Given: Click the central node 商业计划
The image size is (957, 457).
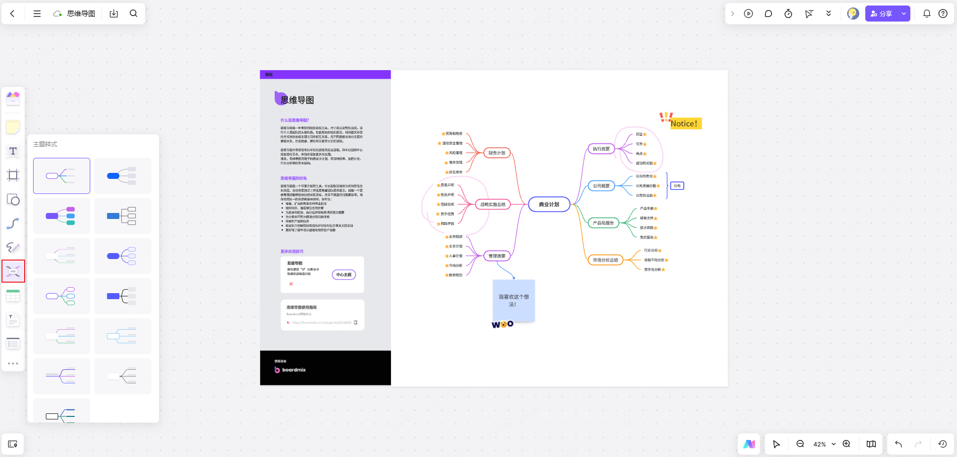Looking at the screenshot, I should (549, 204).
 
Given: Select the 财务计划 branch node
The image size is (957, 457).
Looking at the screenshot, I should (497, 153).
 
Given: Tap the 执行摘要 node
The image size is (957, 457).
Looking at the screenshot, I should (601, 149).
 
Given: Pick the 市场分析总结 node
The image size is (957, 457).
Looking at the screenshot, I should (605, 260).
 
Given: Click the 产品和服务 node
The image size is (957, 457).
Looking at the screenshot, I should (603, 223).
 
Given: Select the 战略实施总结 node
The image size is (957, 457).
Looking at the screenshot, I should (493, 204).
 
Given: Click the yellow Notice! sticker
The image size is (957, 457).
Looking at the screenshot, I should (684, 123).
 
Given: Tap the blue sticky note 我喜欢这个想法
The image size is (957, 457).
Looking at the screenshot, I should (513, 300).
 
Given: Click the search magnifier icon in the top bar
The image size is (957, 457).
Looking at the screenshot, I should (133, 14).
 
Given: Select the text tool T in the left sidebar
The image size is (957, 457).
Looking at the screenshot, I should (13, 151).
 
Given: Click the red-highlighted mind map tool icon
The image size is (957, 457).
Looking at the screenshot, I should (13, 272).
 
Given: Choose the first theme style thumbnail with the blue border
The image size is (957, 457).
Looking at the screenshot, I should (62, 176).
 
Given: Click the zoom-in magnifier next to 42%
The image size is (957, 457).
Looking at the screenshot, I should (846, 444).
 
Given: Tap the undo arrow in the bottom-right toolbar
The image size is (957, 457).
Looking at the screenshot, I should (898, 444).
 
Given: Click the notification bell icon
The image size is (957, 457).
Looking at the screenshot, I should (926, 14).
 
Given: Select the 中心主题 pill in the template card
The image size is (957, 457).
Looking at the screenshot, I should (344, 275).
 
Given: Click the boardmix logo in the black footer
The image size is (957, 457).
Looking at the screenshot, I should (290, 370).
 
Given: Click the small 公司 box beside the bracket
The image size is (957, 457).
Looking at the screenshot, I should (677, 186).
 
